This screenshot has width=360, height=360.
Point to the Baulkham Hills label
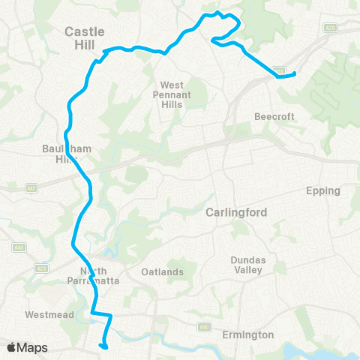[67, 154]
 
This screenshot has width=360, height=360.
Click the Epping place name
[323, 190]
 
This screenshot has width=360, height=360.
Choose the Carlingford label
[236, 212]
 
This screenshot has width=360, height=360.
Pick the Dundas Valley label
[247, 265]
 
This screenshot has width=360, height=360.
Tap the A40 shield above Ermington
[204, 327]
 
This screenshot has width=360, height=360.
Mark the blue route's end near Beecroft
[295, 73]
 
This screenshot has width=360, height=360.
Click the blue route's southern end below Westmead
[103, 346]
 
